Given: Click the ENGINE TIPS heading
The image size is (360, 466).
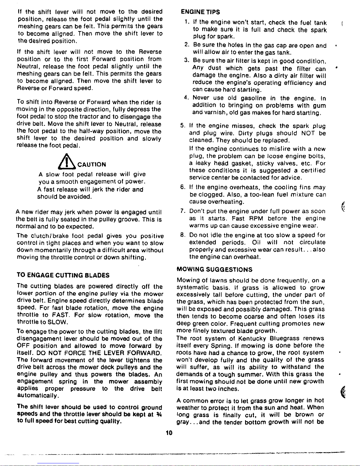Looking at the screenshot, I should click(x=200, y=12).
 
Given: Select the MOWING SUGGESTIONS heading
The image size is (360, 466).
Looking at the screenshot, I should click(x=214, y=270).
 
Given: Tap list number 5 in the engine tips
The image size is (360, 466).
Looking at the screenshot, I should click(x=182, y=126).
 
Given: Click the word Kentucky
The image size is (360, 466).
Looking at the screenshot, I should click(x=252, y=338).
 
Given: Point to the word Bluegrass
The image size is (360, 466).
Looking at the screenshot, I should click(x=284, y=338).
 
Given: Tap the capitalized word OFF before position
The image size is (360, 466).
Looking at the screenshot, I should click(x=22, y=346).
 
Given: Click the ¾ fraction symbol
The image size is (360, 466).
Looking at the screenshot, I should click(x=160, y=415).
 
